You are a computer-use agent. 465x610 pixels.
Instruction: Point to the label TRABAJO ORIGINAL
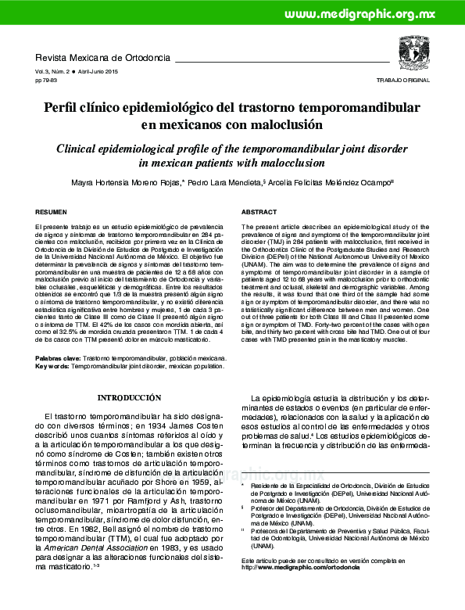403,81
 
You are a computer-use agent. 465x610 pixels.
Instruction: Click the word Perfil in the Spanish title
66,107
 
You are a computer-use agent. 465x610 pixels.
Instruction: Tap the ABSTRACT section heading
259,213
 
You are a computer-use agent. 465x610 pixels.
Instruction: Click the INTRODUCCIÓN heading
129,398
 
